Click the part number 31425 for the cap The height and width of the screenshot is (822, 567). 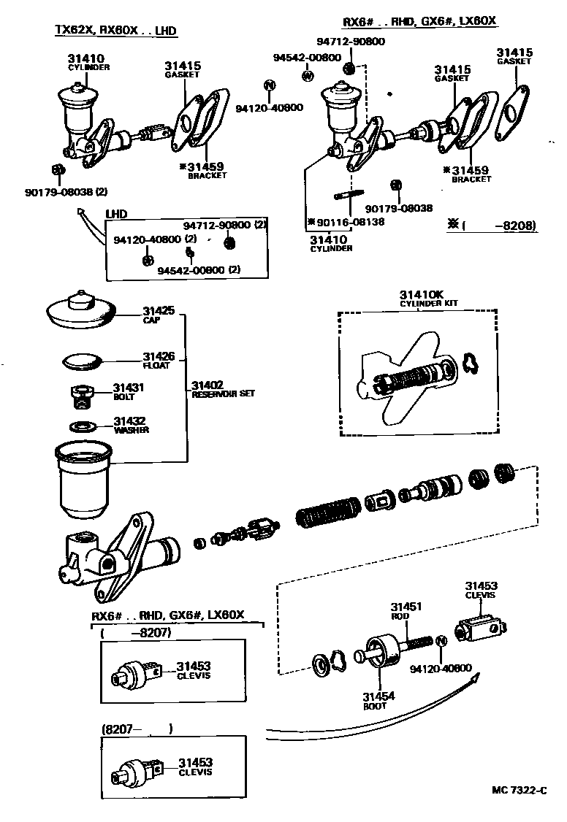tap(158, 311)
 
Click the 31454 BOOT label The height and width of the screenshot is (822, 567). tap(380, 700)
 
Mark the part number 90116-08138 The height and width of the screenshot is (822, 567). tap(350, 222)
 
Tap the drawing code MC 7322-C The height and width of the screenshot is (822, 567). tap(520, 791)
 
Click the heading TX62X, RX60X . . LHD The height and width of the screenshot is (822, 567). tap(116, 30)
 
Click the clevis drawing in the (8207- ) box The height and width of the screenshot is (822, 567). tap(137, 769)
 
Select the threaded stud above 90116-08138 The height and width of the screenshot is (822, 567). tap(349, 196)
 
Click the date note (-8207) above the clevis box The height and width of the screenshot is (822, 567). tap(137, 634)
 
